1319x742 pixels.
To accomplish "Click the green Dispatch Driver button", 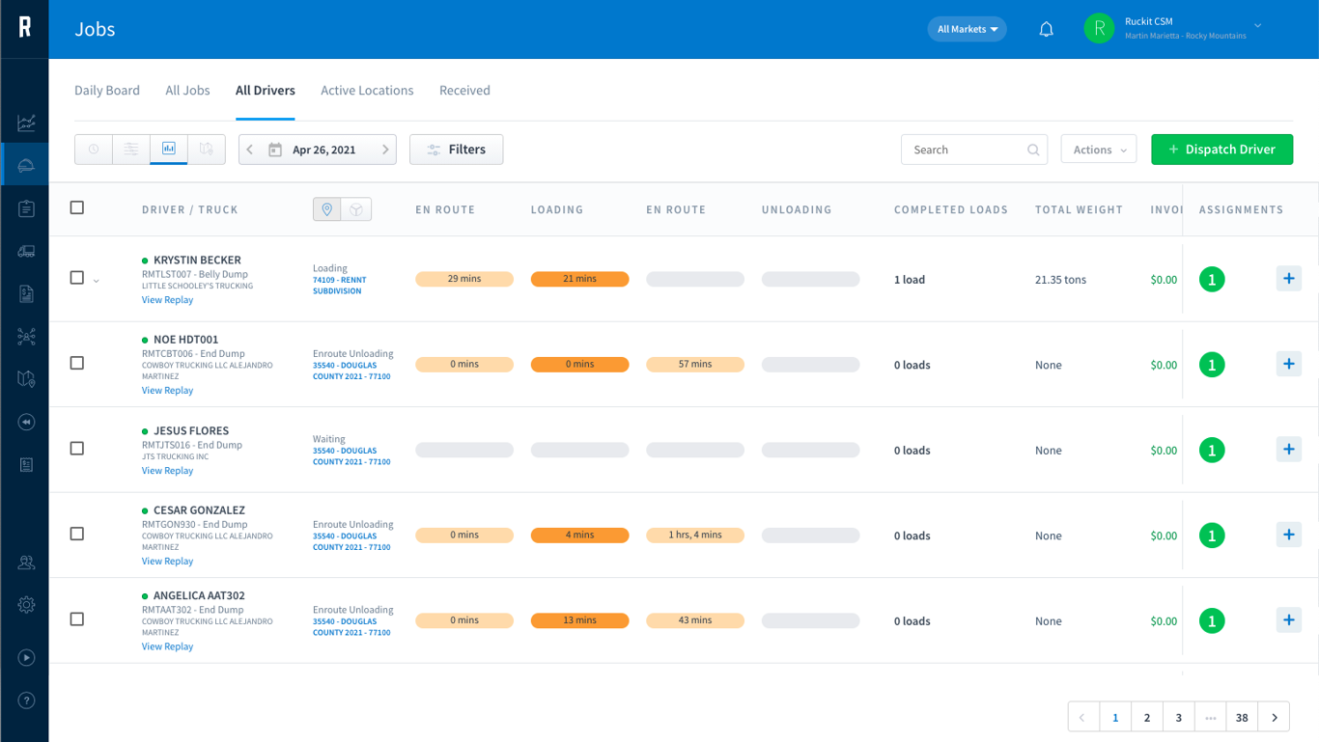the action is coord(1221,150).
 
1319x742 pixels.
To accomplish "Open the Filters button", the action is coord(457,150).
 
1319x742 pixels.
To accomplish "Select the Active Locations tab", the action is coord(367,90).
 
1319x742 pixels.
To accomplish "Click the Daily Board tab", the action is coord(106,90).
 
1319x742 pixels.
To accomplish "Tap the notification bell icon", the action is coord(1046,29).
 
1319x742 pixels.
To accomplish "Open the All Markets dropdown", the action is coord(967,29).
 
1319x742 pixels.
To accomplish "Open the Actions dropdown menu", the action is coord(1099,150).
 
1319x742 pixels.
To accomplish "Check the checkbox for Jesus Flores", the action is coord(77,449).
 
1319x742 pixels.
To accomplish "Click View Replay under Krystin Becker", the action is coord(167,299).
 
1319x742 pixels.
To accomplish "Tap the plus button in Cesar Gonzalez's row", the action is coord(1289,535).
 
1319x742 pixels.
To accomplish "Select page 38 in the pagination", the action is coord(1242,717).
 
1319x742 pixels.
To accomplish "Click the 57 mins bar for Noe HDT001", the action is coord(695,364).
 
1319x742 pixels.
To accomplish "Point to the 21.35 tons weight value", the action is coord(1060,280).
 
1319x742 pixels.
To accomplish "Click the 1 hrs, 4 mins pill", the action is coord(695,535).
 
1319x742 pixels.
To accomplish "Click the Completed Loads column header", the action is coord(951,209).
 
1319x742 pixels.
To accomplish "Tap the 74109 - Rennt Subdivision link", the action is coord(339,286).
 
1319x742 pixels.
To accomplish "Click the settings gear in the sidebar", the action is coord(26,605).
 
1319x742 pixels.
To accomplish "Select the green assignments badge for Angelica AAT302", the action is coord(1212,620).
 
